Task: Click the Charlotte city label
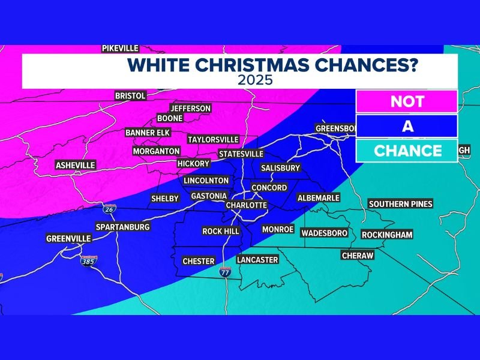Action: tap(245, 205)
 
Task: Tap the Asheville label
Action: tap(75, 165)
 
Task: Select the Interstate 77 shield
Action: tap(224, 271)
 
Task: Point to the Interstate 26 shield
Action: tap(109, 209)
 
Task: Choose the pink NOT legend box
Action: tap(407, 101)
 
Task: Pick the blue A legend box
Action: tap(407, 126)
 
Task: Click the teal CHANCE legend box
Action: tap(407, 151)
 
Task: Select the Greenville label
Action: tap(68, 239)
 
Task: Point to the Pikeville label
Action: tap(120, 49)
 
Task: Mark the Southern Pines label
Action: tap(400, 204)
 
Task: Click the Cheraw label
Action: tap(357, 256)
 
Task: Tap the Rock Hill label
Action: tap(221, 231)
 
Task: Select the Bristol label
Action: tap(130, 95)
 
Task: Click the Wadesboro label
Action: tap(325, 233)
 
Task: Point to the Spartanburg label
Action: tap(123, 227)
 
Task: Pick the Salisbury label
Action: tap(280, 168)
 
